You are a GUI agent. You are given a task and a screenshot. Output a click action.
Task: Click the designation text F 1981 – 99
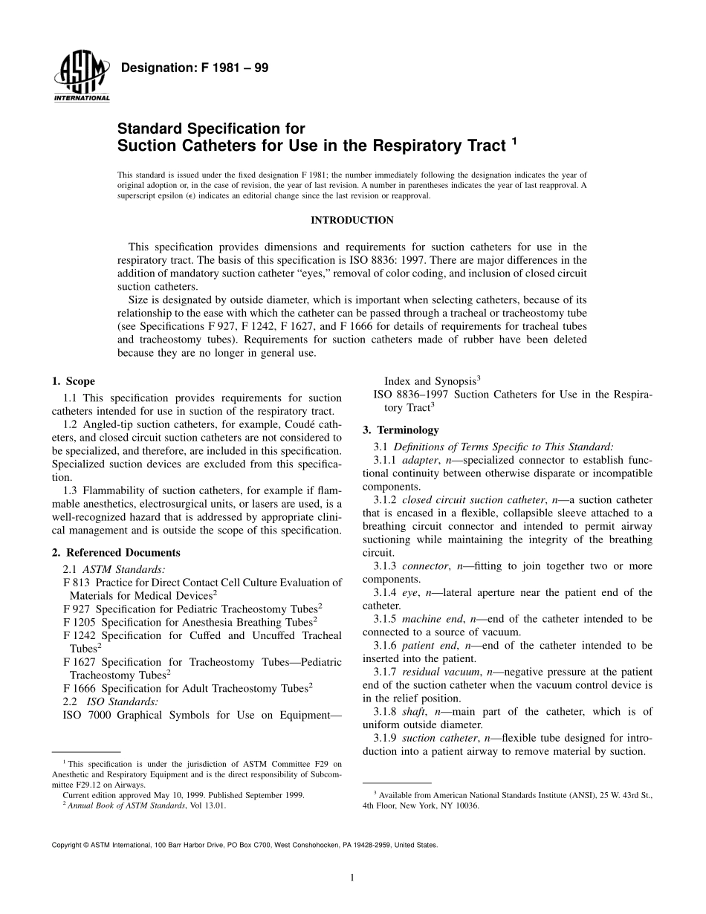[194, 68]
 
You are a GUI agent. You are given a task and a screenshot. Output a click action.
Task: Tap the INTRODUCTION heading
[352, 220]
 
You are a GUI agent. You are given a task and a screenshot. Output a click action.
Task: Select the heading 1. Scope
[74, 381]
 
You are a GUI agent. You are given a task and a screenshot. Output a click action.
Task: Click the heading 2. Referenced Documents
[116, 553]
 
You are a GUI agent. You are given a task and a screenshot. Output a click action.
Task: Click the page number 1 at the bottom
[352, 878]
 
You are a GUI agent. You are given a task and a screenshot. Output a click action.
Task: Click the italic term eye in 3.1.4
[410, 592]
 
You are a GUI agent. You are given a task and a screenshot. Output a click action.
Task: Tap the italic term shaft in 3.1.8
[415, 711]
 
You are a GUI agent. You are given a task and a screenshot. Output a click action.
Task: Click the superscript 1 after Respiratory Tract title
[514, 140]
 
